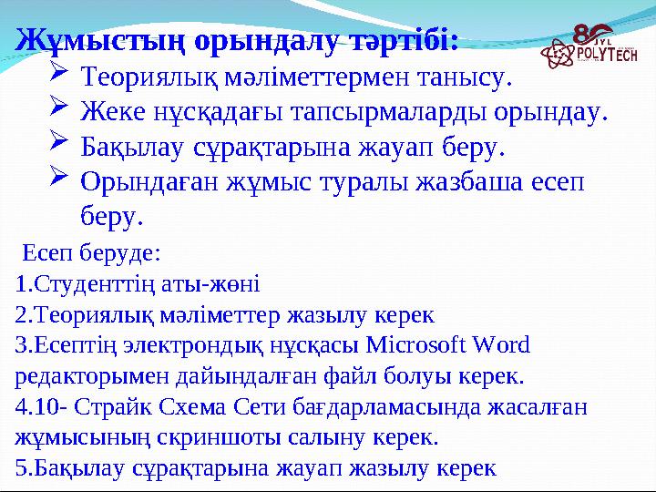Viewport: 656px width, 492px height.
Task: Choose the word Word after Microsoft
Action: coord(497,346)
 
